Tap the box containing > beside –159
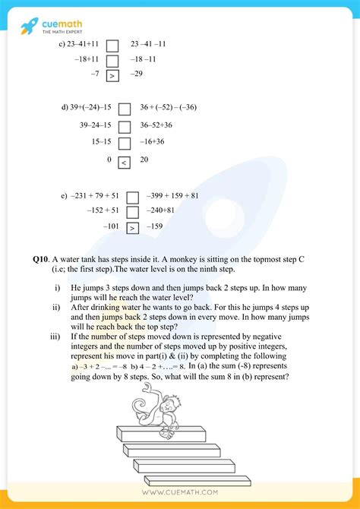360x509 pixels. click(x=132, y=226)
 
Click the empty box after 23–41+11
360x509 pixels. click(x=112, y=44)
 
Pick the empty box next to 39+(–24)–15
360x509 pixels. click(x=125, y=108)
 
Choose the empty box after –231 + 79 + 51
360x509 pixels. click(x=132, y=196)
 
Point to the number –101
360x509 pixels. click(x=111, y=226)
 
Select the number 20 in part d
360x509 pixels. click(x=144, y=160)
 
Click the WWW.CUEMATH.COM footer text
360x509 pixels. click(x=179, y=492)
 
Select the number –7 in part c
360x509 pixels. click(x=94, y=74)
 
